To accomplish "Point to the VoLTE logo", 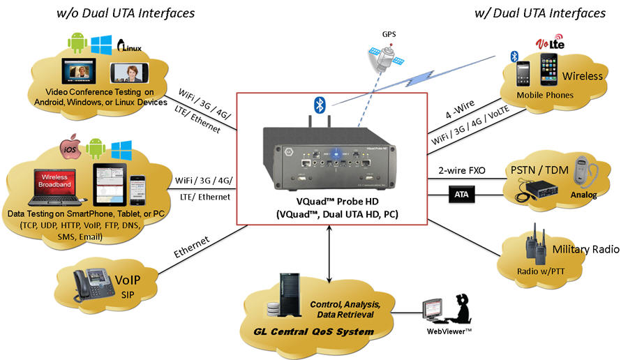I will pyautogui.click(x=549, y=45).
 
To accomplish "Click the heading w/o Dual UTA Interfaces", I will pyautogui.click(x=126, y=13).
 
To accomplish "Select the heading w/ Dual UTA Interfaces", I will pyautogui.click(x=540, y=13).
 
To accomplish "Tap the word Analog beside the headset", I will pyautogui.click(x=583, y=195).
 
